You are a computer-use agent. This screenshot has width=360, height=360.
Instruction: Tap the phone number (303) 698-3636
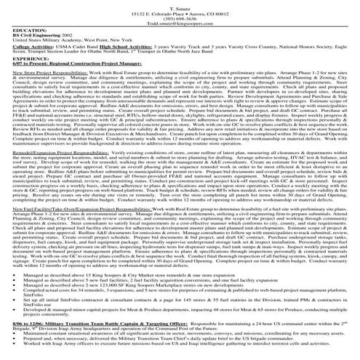coord(180,22)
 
